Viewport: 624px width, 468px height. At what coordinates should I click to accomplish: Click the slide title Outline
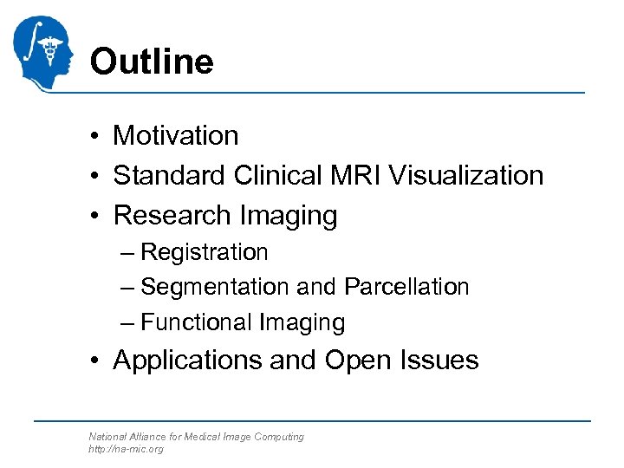[151, 62]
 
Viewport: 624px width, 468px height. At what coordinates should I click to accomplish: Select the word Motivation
[176, 136]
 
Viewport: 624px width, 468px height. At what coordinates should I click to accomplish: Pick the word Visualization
[466, 175]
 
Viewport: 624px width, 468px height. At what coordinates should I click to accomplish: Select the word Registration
[205, 252]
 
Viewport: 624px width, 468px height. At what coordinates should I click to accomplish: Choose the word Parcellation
[406, 287]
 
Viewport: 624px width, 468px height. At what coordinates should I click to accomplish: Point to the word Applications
[187, 360]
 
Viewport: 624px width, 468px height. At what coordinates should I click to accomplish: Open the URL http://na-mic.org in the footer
[126, 449]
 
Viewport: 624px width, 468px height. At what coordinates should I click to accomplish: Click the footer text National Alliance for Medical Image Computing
[196, 437]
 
